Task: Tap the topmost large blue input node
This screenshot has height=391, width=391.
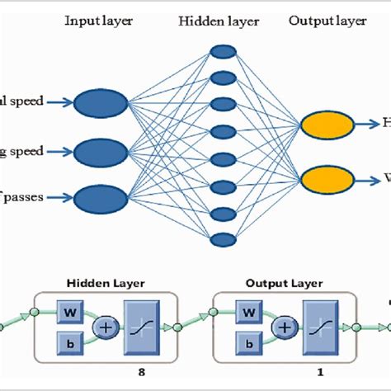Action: [x=101, y=102]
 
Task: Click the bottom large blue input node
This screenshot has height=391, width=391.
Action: [x=101, y=199]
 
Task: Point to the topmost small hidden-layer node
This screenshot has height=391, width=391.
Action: [x=221, y=51]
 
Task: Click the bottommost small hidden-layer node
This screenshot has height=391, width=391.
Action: [x=221, y=240]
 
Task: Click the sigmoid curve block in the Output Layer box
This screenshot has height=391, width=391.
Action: [x=322, y=327]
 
